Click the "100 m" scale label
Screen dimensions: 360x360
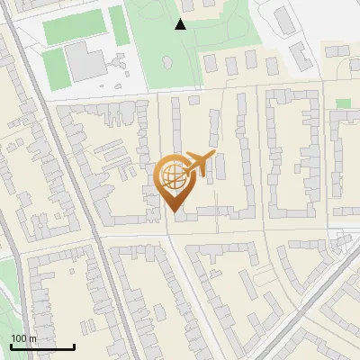[x=23, y=338]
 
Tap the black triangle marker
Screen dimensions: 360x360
[x=181, y=24]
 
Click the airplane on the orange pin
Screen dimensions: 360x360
[x=201, y=164]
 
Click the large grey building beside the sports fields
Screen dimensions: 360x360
[x=85, y=62]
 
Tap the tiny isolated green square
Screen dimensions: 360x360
[x=343, y=103]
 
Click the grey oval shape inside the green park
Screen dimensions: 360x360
[x=166, y=62]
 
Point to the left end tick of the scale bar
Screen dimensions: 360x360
[x=11, y=346]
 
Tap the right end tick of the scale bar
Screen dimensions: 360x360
[x=74, y=346]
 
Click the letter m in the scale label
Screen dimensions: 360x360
[x=32, y=338]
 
